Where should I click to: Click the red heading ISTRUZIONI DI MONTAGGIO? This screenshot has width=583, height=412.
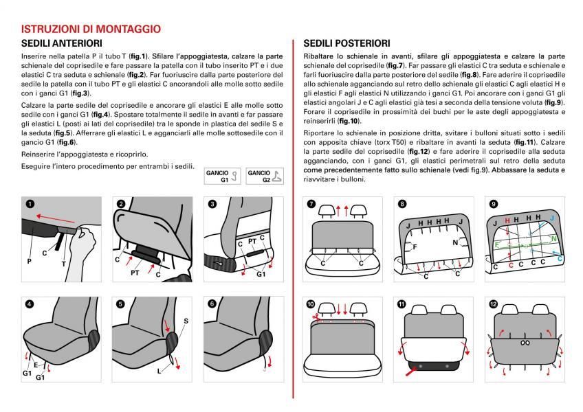pyautogui.click(x=91, y=30)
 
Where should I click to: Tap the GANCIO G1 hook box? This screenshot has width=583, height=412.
pyautogui.click(x=221, y=176)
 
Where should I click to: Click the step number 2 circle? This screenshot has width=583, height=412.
pyautogui.click(x=121, y=204)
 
